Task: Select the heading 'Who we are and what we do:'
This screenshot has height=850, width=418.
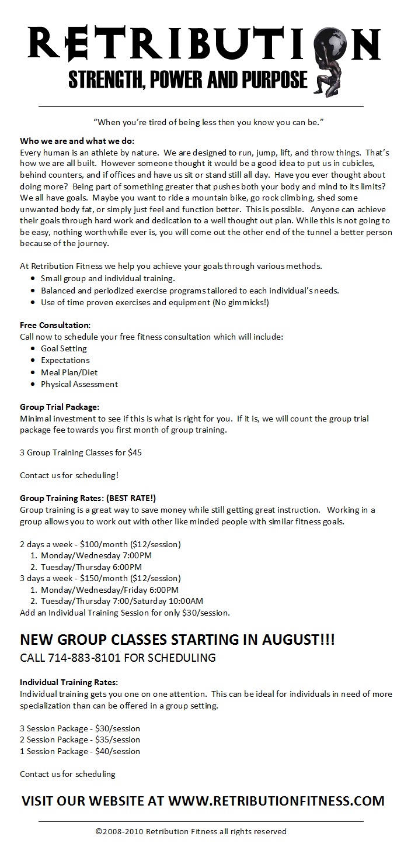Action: pyautogui.click(x=77, y=141)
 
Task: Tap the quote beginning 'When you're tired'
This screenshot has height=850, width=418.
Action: pyautogui.click(x=208, y=122)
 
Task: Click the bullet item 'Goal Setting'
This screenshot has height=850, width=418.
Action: pyautogui.click(x=64, y=348)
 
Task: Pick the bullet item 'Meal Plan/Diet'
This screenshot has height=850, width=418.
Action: pyautogui.click(x=69, y=372)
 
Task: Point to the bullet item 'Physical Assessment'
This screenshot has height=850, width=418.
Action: pyautogui.click(x=79, y=384)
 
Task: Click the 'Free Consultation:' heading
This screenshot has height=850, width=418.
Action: pyautogui.click(x=55, y=324)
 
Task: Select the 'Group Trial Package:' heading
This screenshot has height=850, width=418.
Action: pyautogui.click(x=60, y=406)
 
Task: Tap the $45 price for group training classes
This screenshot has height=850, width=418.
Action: pyautogui.click(x=135, y=452)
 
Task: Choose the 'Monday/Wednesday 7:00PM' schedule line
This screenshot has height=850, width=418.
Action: pyautogui.click(x=96, y=555)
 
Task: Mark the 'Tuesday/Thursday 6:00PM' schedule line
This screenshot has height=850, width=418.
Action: pyautogui.click(x=91, y=567)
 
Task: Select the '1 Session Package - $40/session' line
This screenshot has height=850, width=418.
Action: pyautogui.click(x=80, y=751)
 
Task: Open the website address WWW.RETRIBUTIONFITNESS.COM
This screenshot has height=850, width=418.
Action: pyautogui.click(x=277, y=801)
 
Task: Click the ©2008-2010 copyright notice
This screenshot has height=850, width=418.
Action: pyautogui.click(x=191, y=831)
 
